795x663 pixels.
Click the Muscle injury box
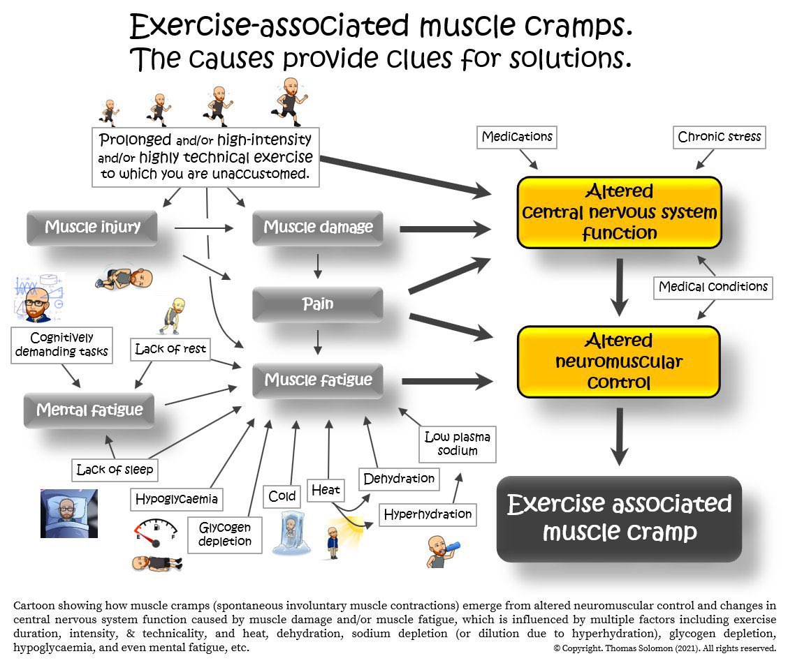click(92, 227)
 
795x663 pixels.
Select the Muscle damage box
click(318, 227)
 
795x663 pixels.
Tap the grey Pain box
click(318, 304)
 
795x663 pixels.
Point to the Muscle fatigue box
click(318, 380)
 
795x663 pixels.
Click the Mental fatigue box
click(89, 410)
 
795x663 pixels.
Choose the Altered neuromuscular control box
click(619, 362)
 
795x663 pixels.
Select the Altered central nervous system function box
click(619, 211)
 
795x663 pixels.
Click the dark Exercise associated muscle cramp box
click(619, 518)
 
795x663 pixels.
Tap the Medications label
click(517, 137)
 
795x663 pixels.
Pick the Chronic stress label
click(720, 137)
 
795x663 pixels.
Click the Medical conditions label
click(713, 287)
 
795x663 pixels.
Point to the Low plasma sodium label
click(458, 445)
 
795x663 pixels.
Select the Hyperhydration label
click(428, 515)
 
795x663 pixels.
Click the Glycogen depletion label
click(224, 535)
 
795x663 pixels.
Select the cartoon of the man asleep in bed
click(68, 513)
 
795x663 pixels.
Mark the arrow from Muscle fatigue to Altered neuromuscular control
click(447, 381)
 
